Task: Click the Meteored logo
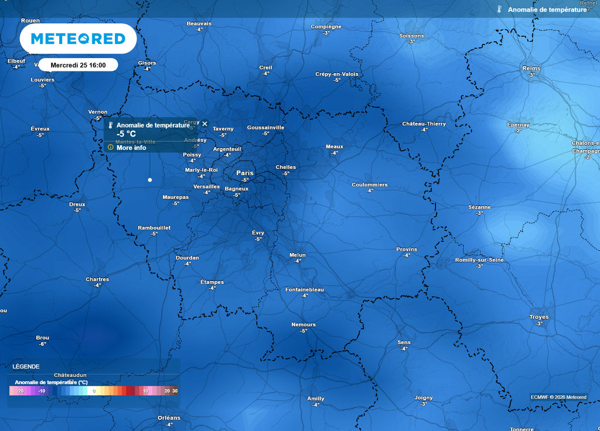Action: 78,39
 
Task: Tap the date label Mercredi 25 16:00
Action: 78,65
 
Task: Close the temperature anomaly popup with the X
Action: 205,124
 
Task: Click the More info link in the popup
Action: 131,148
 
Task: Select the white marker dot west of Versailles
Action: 150,180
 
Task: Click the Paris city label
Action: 245,173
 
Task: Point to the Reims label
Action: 531,69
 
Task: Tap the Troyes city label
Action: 539,317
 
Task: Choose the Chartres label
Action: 97,279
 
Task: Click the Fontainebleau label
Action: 304,290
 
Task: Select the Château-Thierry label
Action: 424,124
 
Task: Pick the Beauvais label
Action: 199,23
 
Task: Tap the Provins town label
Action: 407,249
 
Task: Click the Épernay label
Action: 518,125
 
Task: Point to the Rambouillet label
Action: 154,227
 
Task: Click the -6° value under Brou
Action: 42,344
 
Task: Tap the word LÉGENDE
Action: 26,367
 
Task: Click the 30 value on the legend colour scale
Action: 175,391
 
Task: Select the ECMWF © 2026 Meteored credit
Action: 558,398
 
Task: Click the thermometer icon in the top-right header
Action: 499,9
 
